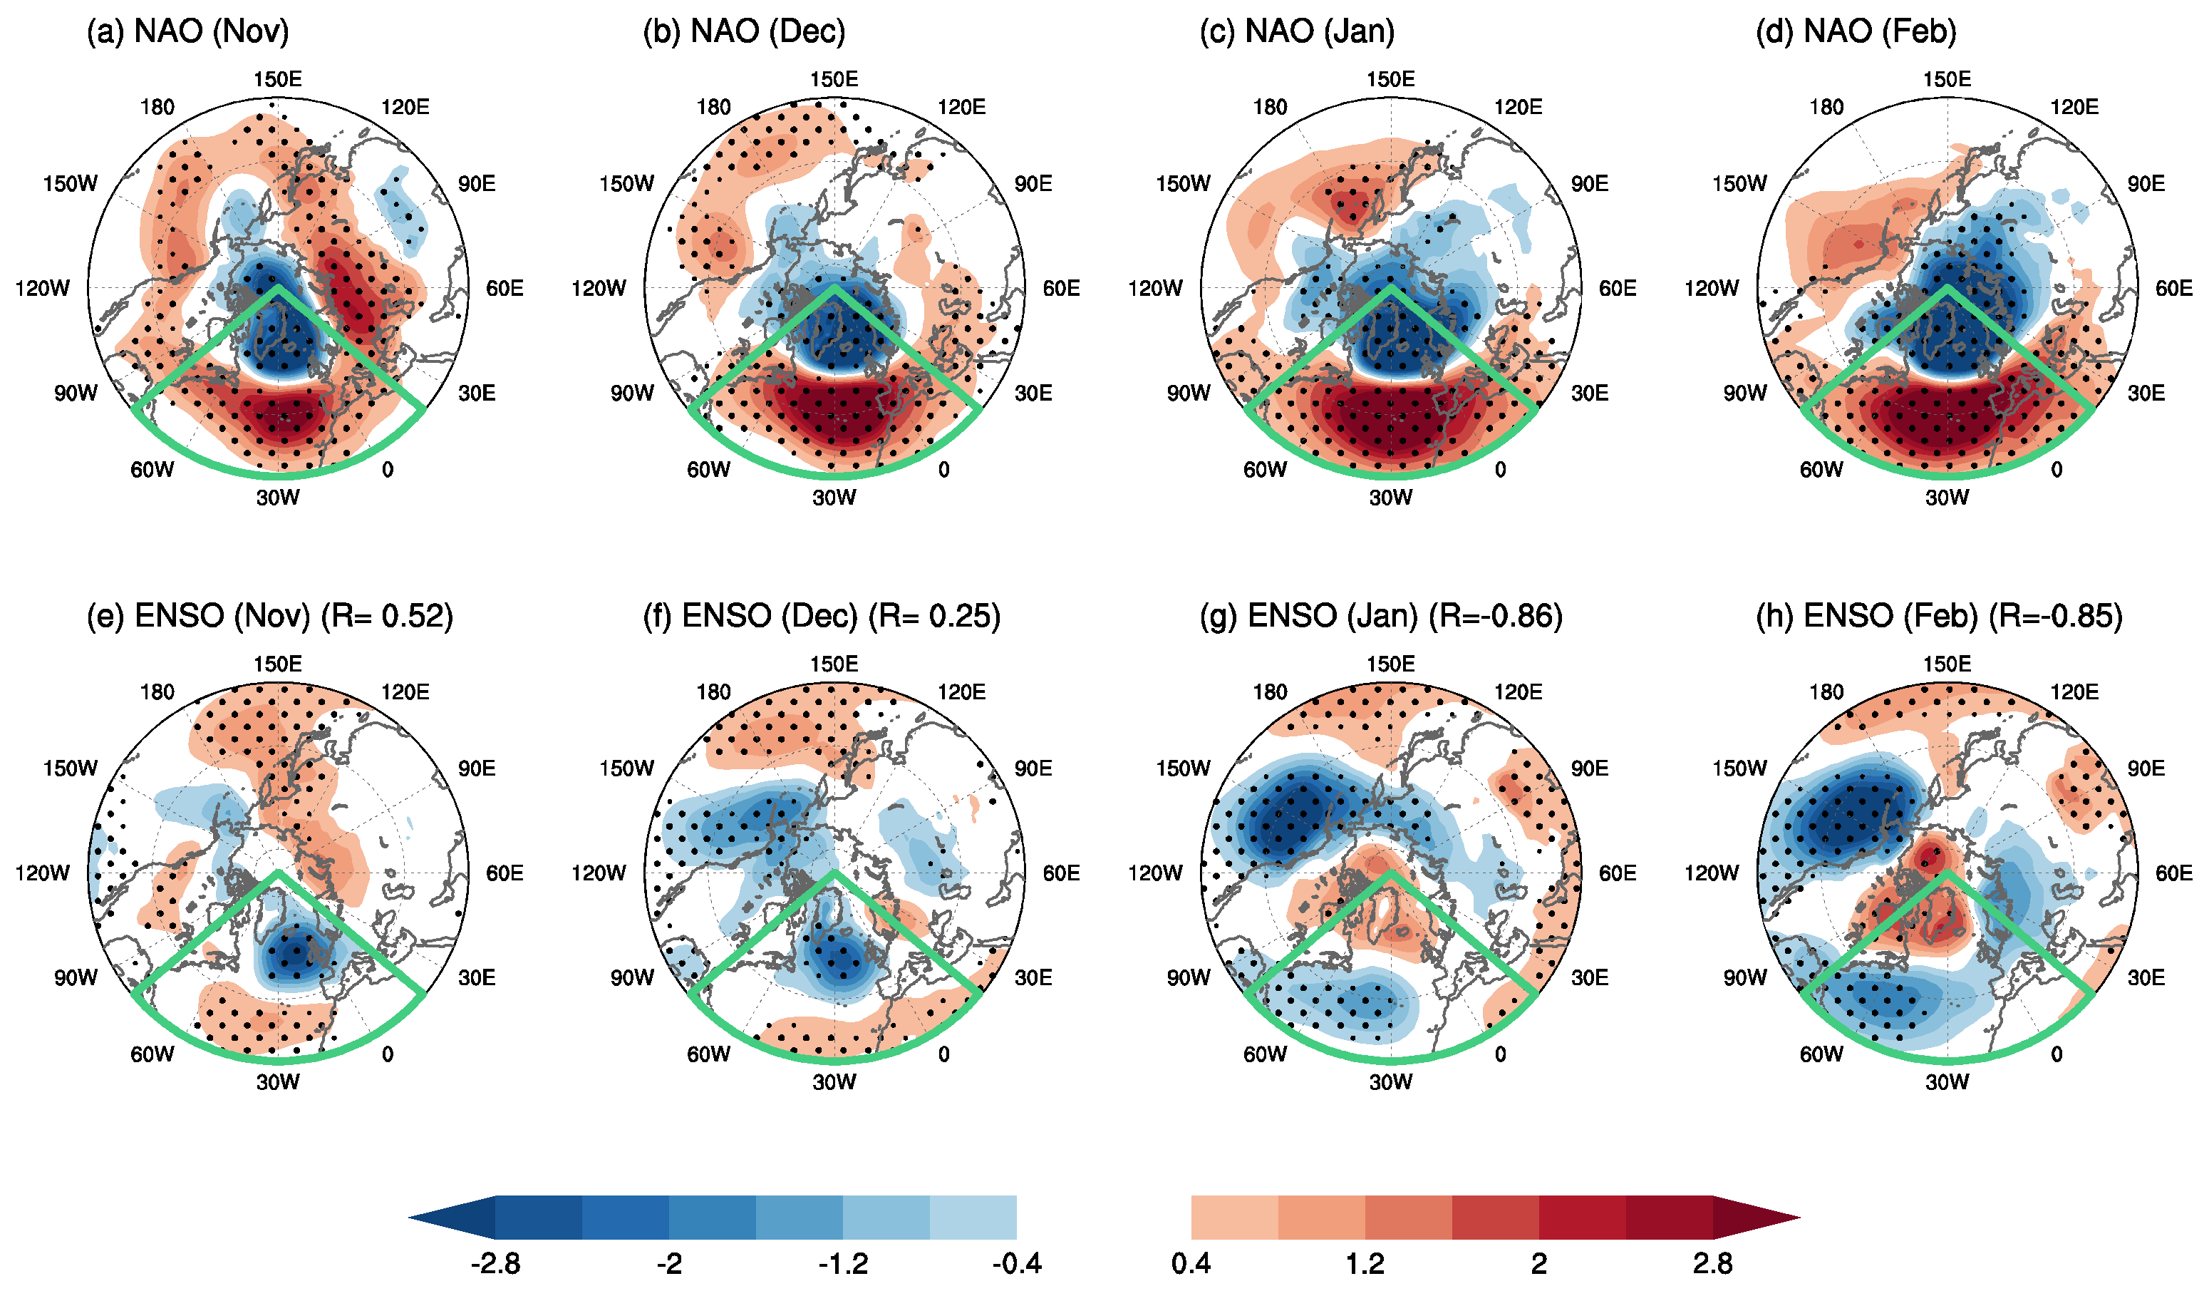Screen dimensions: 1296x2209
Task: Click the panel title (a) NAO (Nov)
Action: pyautogui.click(x=187, y=31)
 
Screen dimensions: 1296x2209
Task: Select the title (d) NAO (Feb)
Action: pyautogui.click(x=1856, y=31)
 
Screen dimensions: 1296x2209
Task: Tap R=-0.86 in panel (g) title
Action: pyautogui.click(x=1496, y=617)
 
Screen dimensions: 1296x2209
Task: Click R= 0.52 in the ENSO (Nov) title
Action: pyautogui.click(x=386, y=617)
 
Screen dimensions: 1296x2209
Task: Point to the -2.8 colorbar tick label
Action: pyautogui.click(x=495, y=1263)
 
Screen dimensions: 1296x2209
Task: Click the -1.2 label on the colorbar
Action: pyautogui.click(x=843, y=1263)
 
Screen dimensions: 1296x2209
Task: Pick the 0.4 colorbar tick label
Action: pyautogui.click(x=1191, y=1263)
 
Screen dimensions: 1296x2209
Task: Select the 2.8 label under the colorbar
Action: pyautogui.click(x=1712, y=1263)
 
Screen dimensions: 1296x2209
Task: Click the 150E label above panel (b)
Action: pyautogui.click(x=834, y=80)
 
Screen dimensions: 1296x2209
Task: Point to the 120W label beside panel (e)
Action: pyautogui.click(x=42, y=873)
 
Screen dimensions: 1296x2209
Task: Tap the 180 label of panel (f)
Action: pyautogui.click(x=713, y=693)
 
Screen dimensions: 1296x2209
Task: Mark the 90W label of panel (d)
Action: pyautogui.click(x=1744, y=394)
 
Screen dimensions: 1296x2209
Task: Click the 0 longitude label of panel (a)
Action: pyautogui.click(x=388, y=470)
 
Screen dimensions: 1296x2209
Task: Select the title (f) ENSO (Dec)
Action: pyautogui.click(x=750, y=617)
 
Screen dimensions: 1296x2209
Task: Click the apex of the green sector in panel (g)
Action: pyautogui.click(x=1390, y=873)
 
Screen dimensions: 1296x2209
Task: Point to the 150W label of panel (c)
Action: pyautogui.click(x=1182, y=184)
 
